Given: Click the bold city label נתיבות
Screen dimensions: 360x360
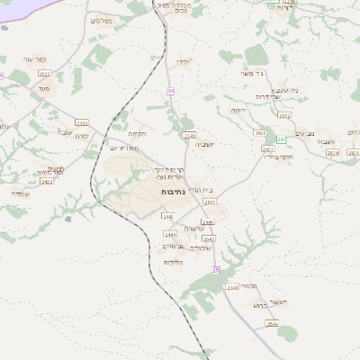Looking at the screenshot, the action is (x=174, y=193).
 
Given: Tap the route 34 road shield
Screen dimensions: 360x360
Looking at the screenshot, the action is (x=170, y=92).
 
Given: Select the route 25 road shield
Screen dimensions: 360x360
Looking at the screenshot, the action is (x=216, y=270).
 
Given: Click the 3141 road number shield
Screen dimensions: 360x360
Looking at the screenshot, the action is (x=189, y=136).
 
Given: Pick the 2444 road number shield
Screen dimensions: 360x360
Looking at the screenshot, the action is (x=170, y=234).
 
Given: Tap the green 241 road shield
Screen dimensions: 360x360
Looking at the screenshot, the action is (x=281, y=139).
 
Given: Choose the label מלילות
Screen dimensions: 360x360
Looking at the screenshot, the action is (x=174, y=262).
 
